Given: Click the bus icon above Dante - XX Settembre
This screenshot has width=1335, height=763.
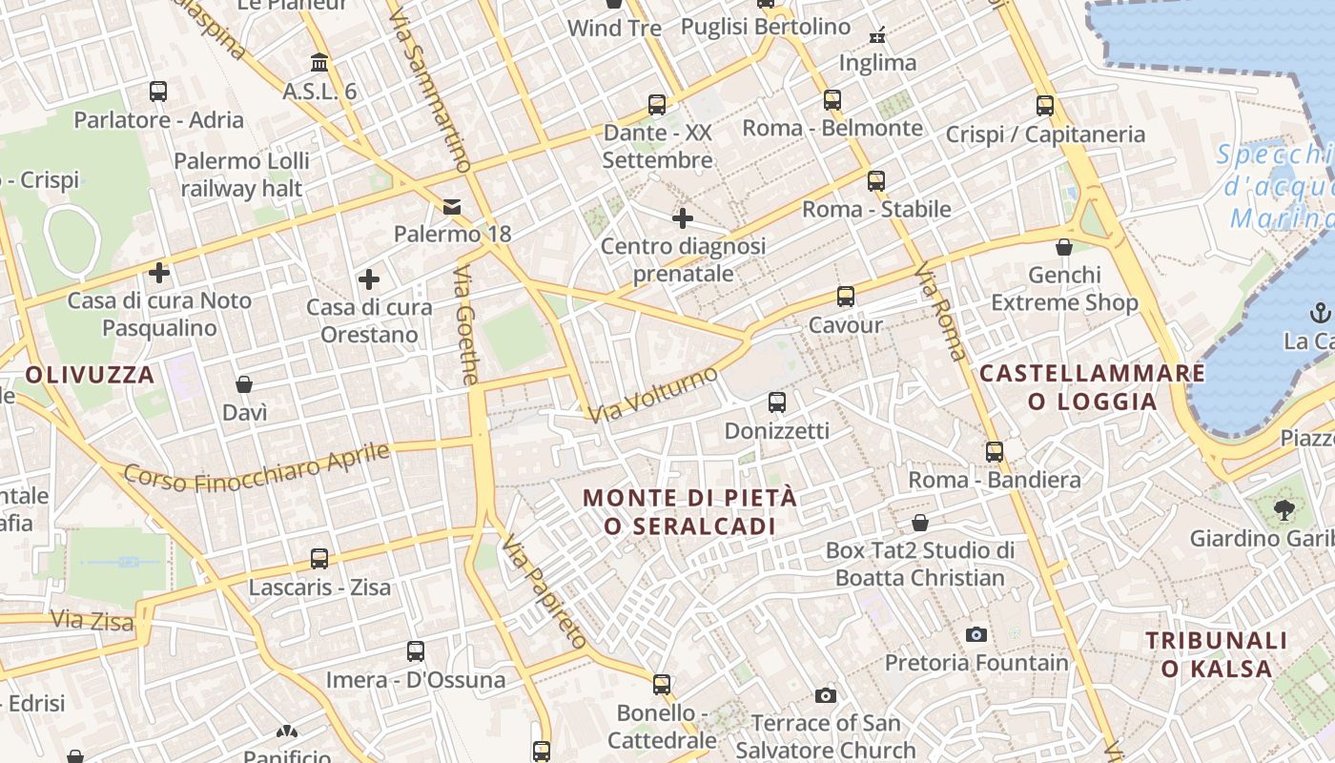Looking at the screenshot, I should point(657,105).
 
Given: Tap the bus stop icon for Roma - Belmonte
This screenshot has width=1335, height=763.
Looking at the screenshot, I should point(832,100).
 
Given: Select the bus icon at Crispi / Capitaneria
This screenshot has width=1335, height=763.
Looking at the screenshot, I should point(1045,106).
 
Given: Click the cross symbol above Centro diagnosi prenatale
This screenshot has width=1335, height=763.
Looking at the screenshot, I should point(683,218).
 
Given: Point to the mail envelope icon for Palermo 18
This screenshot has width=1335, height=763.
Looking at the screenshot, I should point(452,206).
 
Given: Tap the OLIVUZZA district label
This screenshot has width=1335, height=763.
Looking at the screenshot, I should point(91,375).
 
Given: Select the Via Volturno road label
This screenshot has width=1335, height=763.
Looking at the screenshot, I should point(653,394).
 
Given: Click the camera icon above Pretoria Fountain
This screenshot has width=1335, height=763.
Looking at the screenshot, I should point(976,634).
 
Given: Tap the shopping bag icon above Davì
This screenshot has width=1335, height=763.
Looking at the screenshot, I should point(244,384).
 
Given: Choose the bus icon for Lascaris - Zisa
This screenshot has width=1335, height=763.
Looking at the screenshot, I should point(319,558).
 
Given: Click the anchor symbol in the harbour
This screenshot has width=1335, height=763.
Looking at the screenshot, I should point(1321,313).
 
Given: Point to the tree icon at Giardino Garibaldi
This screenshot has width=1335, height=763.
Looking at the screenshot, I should point(1284,509).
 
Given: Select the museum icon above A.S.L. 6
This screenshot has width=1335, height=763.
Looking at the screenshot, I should point(319,63).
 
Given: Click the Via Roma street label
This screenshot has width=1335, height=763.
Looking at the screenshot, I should point(940,312).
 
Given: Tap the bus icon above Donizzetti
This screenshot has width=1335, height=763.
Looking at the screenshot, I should point(777,402).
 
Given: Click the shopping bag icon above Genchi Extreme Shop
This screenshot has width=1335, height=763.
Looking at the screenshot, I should point(1064,248).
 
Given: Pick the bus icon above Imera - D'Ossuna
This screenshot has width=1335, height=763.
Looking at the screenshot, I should point(416,651).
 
